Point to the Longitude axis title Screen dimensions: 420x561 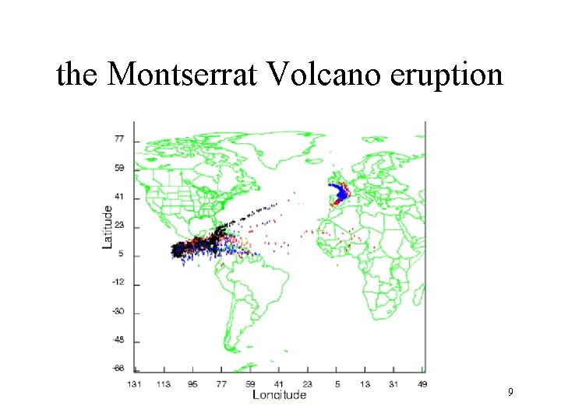pyautogui.click(x=279, y=394)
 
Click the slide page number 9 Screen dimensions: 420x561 pyautogui.click(x=510, y=392)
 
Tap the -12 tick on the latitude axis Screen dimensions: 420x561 pyautogui.click(x=118, y=284)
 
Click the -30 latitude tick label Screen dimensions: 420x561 pyautogui.click(x=118, y=312)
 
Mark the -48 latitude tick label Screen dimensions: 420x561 pyautogui.click(x=118, y=341)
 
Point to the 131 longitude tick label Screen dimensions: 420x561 pyautogui.click(x=136, y=383)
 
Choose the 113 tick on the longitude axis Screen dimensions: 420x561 pyautogui.click(x=165, y=383)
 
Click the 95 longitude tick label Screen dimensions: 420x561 pyautogui.click(x=193, y=383)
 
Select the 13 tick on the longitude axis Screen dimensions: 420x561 pyautogui.click(x=365, y=383)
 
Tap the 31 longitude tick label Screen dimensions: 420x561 pyautogui.click(x=394, y=383)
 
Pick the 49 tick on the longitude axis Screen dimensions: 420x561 pyautogui.click(x=422, y=383)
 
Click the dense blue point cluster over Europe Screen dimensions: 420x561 pyautogui.click(x=340, y=191)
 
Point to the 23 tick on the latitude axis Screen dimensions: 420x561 pyautogui.click(x=120, y=226)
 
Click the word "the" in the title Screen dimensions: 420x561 pyautogui.click(x=77, y=75)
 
